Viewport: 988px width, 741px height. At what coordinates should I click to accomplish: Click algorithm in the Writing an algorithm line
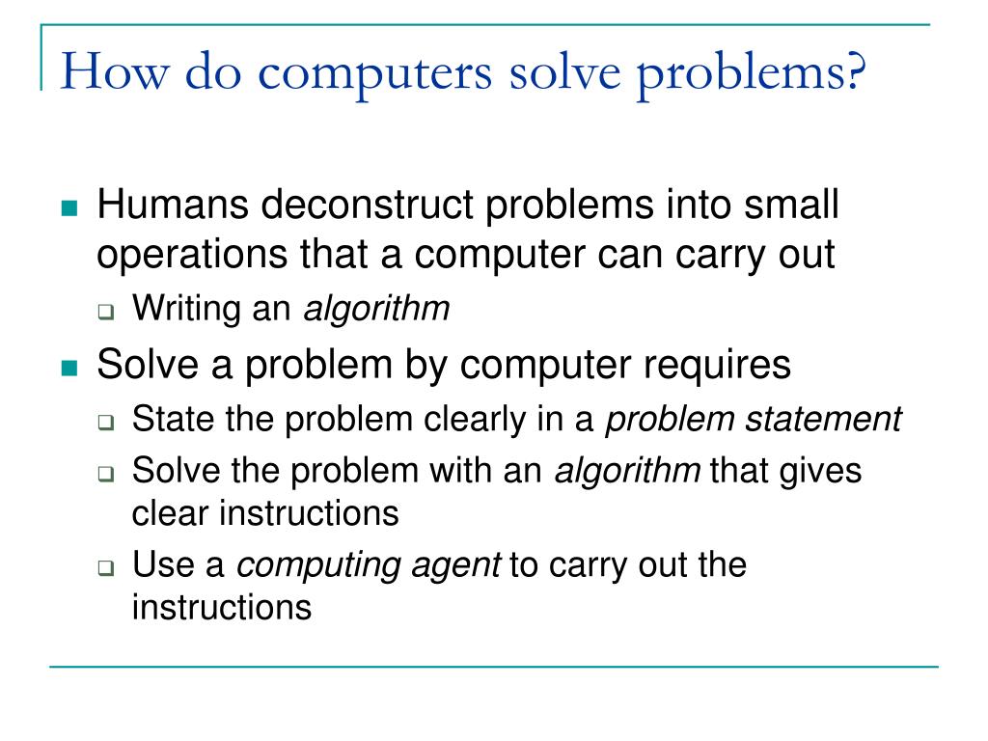[x=377, y=310]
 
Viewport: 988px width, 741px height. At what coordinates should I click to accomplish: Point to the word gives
[x=818, y=471]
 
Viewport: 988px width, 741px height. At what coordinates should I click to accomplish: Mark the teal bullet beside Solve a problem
[x=68, y=368]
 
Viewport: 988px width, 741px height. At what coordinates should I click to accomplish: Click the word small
[x=790, y=206]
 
